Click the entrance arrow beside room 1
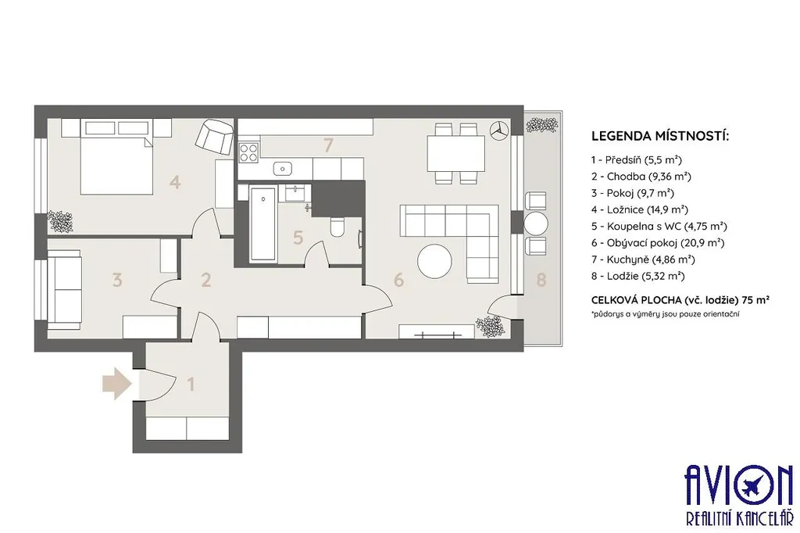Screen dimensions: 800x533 tap(117, 384)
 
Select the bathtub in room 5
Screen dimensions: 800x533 tap(263, 223)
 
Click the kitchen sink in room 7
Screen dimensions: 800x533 tap(281, 168)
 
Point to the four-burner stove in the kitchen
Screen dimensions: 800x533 tap(248, 152)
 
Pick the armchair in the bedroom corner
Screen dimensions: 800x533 tap(214, 136)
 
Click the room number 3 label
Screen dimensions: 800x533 tap(117, 280)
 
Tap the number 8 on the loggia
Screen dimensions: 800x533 tap(541, 279)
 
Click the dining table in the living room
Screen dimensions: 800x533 tap(455, 154)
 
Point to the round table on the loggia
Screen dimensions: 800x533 tap(536, 224)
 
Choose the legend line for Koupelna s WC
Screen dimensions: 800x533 tap(659, 226)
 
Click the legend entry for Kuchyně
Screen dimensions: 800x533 tap(643, 259)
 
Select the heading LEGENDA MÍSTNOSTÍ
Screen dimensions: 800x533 tap(660, 136)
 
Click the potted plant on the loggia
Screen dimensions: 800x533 tap(542, 124)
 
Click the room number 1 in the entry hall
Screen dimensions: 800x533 tap(191, 384)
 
